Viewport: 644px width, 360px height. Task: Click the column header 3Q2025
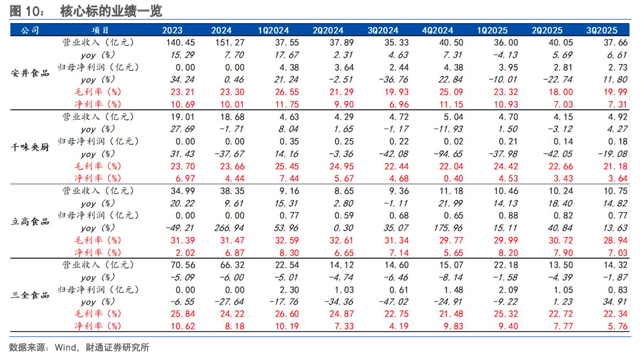pos(602,30)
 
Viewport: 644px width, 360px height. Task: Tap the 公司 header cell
pos(30,30)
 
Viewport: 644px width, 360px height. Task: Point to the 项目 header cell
pos(100,30)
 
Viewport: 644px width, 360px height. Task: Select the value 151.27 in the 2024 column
pos(227,42)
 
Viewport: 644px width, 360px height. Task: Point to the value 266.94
pos(227,228)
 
